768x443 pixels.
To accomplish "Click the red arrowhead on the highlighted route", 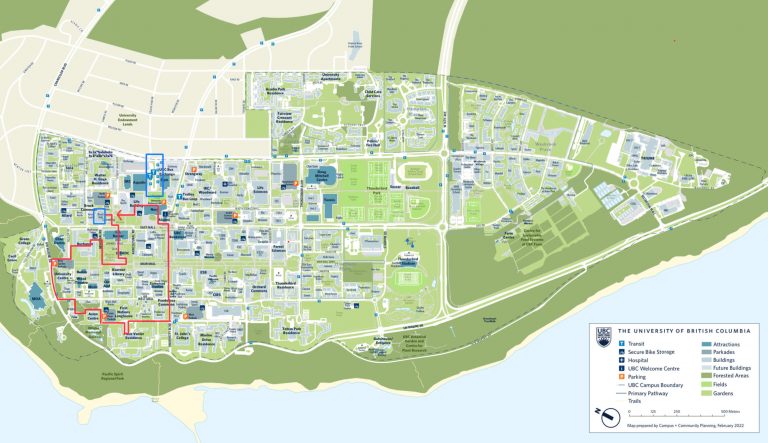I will [x=114, y=213].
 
